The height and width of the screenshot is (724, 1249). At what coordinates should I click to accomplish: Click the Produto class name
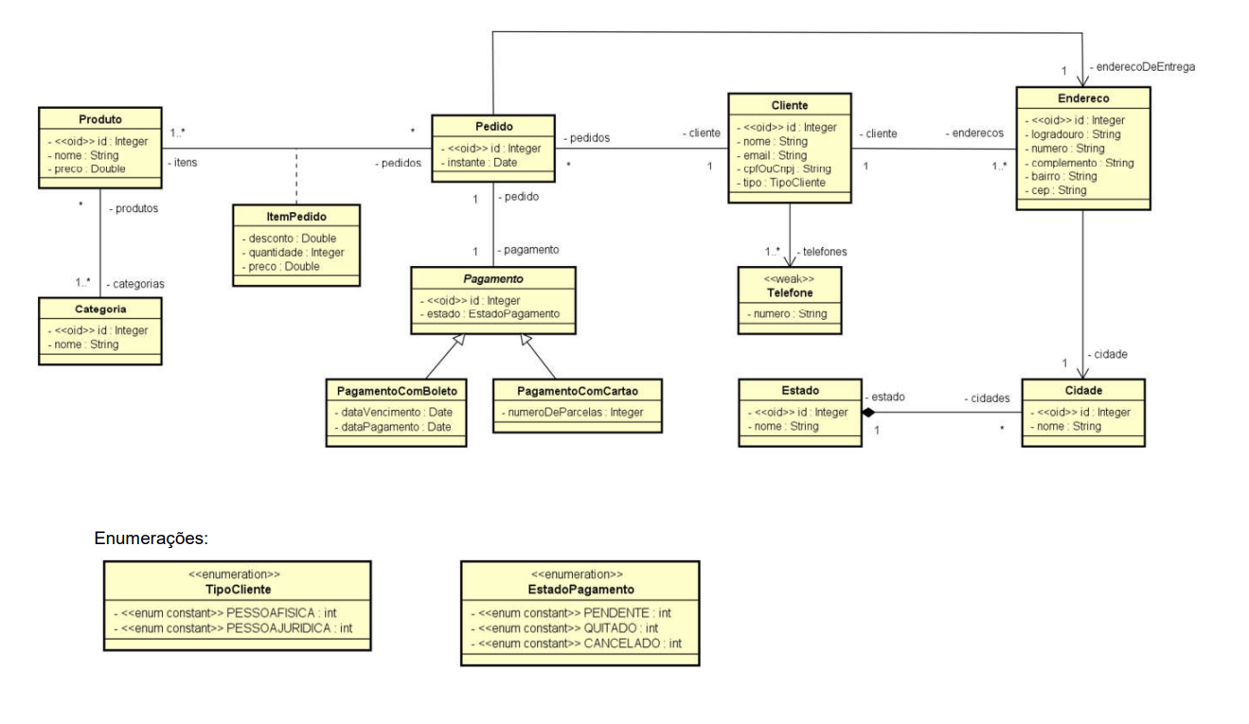tap(100, 119)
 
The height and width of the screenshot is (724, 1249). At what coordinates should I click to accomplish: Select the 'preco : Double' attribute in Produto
tap(89, 168)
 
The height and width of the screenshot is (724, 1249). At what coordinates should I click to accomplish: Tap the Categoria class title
tap(100, 309)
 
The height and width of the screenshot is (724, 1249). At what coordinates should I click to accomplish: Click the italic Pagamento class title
tap(492, 279)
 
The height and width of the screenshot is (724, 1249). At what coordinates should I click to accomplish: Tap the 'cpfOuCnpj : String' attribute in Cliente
tap(786, 168)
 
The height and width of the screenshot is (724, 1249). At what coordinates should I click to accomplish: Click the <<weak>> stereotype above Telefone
tap(789, 279)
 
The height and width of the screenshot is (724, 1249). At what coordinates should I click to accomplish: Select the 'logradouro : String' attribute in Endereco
tap(1075, 134)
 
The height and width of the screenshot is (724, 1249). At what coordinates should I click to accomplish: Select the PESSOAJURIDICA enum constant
tap(237, 627)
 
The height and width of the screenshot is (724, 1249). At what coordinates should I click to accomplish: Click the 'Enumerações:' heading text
tap(151, 539)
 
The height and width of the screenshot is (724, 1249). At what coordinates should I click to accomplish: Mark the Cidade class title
tap(1082, 391)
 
